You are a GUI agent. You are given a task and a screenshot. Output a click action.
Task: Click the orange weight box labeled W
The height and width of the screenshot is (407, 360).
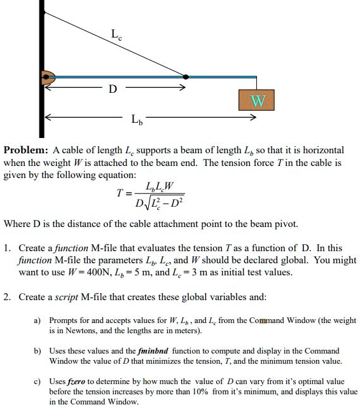click(257, 102)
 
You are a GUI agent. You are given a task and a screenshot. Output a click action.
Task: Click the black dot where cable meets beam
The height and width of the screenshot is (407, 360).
click(185, 77)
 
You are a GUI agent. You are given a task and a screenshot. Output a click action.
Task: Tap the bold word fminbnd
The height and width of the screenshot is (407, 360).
click(159, 350)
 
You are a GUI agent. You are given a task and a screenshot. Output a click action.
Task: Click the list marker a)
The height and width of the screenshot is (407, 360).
click(37, 321)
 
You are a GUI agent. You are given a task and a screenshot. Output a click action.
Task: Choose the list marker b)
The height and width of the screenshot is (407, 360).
click(37, 351)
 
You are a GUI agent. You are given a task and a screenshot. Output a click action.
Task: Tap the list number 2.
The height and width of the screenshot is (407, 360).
click(7, 297)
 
